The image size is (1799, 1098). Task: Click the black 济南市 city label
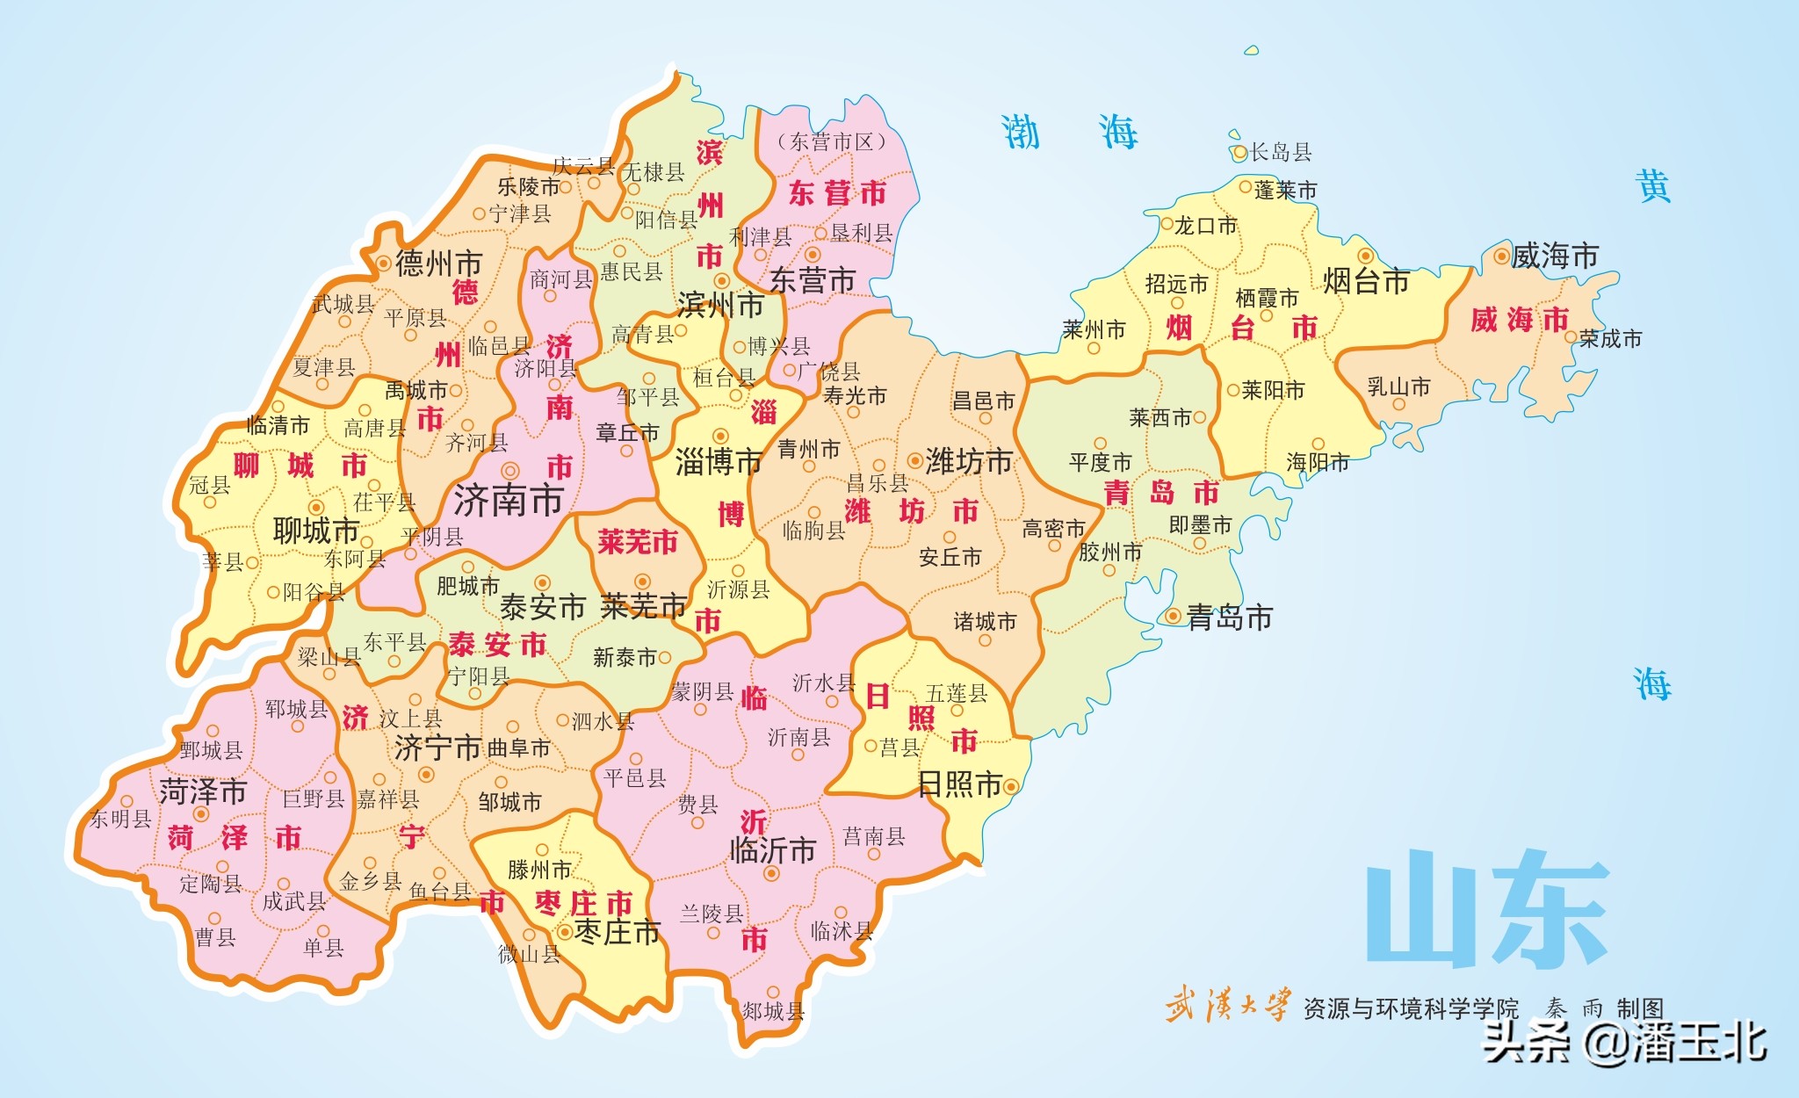tap(508, 501)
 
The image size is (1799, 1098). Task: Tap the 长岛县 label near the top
tap(1280, 152)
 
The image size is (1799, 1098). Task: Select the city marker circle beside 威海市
tap(1500, 257)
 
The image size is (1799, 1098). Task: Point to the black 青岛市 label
tap(1229, 618)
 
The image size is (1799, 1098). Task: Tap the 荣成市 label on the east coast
tap(1609, 338)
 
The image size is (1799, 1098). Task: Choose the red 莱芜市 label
tap(638, 541)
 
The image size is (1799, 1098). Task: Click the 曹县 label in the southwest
tap(215, 937)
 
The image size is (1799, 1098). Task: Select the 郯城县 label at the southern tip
tap(773, 1011)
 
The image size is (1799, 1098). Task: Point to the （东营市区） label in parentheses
tap(831, 141)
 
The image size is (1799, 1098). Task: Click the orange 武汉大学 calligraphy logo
tap(1228, 1005)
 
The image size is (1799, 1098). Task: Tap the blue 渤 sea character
tap(1022, 133)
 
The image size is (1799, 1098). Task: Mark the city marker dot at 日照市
tap(1010, 786)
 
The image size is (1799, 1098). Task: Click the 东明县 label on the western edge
tap(120, 819)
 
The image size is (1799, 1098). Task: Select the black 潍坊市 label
tap(969, 460)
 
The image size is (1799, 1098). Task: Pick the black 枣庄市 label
tap(617, 931)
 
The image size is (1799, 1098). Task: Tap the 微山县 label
tap(529, 954)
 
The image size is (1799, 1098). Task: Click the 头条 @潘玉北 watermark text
tap(1624, 1043)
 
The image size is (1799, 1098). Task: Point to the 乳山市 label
tap(1398, 386)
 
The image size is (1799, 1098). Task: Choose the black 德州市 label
tap(438, 263)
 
